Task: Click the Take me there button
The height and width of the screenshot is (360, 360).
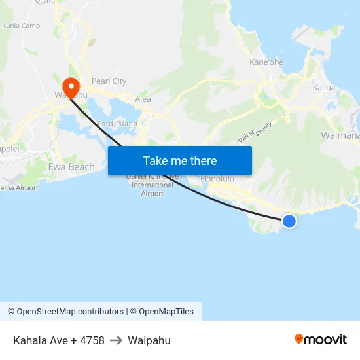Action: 180,160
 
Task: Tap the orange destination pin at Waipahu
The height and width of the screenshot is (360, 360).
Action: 71,86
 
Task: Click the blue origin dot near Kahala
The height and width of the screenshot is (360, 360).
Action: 289,221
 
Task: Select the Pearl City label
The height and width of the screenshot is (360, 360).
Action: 109,81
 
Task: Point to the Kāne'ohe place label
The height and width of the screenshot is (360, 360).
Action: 266,62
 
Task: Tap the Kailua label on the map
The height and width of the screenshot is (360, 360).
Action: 323,87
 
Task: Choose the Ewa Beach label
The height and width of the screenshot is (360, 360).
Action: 71,167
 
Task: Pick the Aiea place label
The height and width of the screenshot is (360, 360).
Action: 143,99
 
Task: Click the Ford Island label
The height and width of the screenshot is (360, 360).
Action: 117,124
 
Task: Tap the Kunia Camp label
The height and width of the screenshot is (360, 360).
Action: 21,26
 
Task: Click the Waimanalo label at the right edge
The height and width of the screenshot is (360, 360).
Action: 340,135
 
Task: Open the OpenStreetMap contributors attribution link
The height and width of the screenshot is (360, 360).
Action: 65,312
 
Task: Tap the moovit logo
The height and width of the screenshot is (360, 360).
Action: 320,339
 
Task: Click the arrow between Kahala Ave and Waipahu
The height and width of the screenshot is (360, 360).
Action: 116,340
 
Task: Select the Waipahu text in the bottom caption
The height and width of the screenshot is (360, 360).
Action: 149,340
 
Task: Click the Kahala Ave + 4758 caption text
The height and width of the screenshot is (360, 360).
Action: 59,340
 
